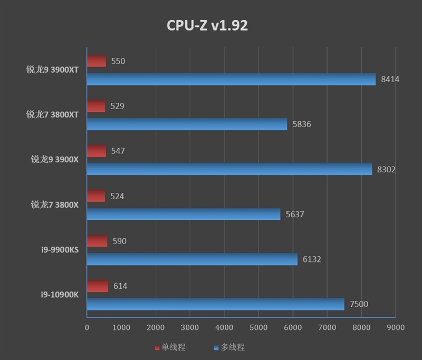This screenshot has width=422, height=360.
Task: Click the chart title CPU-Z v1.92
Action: coord(207,25)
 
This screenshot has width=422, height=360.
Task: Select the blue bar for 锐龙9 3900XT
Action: coord(231,79)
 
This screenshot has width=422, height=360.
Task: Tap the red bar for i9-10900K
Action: coord(98,286)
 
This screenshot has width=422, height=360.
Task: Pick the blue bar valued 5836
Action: coord(187,124)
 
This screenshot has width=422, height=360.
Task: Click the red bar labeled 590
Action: coord(97,241)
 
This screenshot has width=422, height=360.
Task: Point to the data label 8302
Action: coord(386,169)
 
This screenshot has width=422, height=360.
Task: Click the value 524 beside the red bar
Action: coord(117,196)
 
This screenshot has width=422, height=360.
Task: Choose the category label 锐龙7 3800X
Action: coord(54,205)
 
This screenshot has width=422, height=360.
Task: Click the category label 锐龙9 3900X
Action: coord(54,160)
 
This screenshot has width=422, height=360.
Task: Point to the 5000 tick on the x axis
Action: coord(258,327)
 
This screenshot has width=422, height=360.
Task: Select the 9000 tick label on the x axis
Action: coord(396,327)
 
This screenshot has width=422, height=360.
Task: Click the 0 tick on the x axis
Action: coord(87,327)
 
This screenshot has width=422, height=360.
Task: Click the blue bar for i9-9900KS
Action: coord(192,259)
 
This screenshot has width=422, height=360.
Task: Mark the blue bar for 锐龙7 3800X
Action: coord(184,214)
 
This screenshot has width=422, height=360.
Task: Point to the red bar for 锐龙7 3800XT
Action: coord(96,106)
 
